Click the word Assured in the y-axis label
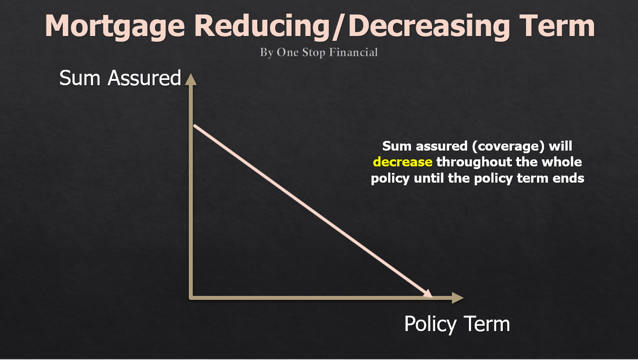(144, 78)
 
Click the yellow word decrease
(402, 162)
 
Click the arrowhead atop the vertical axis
(190, 79)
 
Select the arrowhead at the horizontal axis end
(458, 298)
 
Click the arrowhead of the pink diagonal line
(427, 294)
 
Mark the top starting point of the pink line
(195, 126)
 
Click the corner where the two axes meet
(191, 298)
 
